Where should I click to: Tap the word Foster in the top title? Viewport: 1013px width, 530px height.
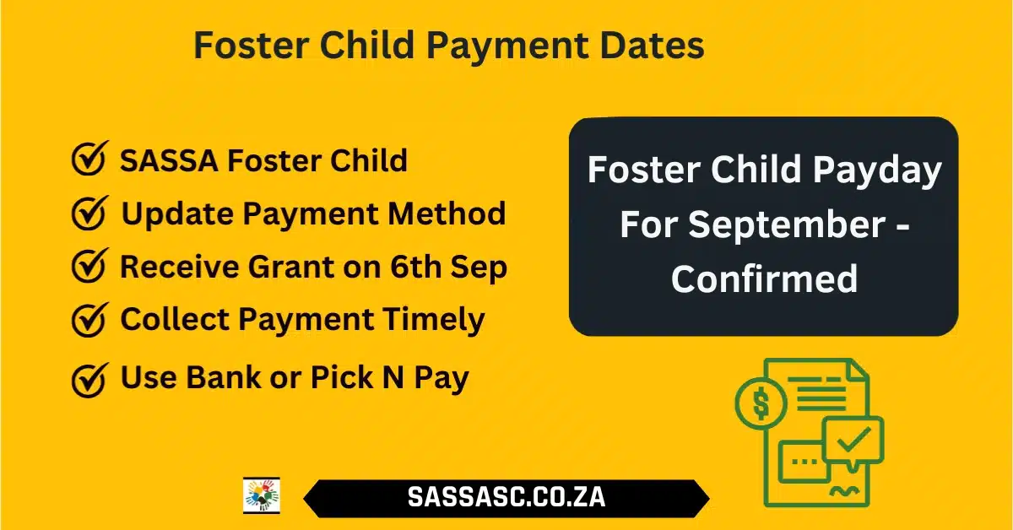point(252,46)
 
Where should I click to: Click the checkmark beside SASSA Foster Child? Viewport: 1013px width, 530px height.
point(90,158)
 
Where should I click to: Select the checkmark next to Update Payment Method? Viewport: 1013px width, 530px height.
point(90,213)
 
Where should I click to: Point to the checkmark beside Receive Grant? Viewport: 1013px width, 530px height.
point(90,266)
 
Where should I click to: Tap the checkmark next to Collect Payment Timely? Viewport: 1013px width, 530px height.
point(90,320)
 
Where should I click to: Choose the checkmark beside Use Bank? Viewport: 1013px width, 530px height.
point(90,380)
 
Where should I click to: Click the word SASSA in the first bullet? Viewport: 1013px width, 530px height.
point(169,160)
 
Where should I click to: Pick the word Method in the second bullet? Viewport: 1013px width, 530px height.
point(447,214)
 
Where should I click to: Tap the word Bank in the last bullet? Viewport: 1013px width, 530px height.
point(224,377)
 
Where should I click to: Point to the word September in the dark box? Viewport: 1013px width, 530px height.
point(787,224)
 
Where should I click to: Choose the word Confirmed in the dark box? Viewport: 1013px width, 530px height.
point(764,279)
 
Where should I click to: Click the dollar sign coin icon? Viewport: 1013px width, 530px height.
point(761,403)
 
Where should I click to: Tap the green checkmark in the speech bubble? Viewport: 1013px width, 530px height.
point(853,439)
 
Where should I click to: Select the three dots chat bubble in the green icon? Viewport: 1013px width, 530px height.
point(803,462)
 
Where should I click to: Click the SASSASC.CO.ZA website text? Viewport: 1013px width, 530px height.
point(506,497)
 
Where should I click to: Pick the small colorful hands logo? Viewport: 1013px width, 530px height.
point(262,495)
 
